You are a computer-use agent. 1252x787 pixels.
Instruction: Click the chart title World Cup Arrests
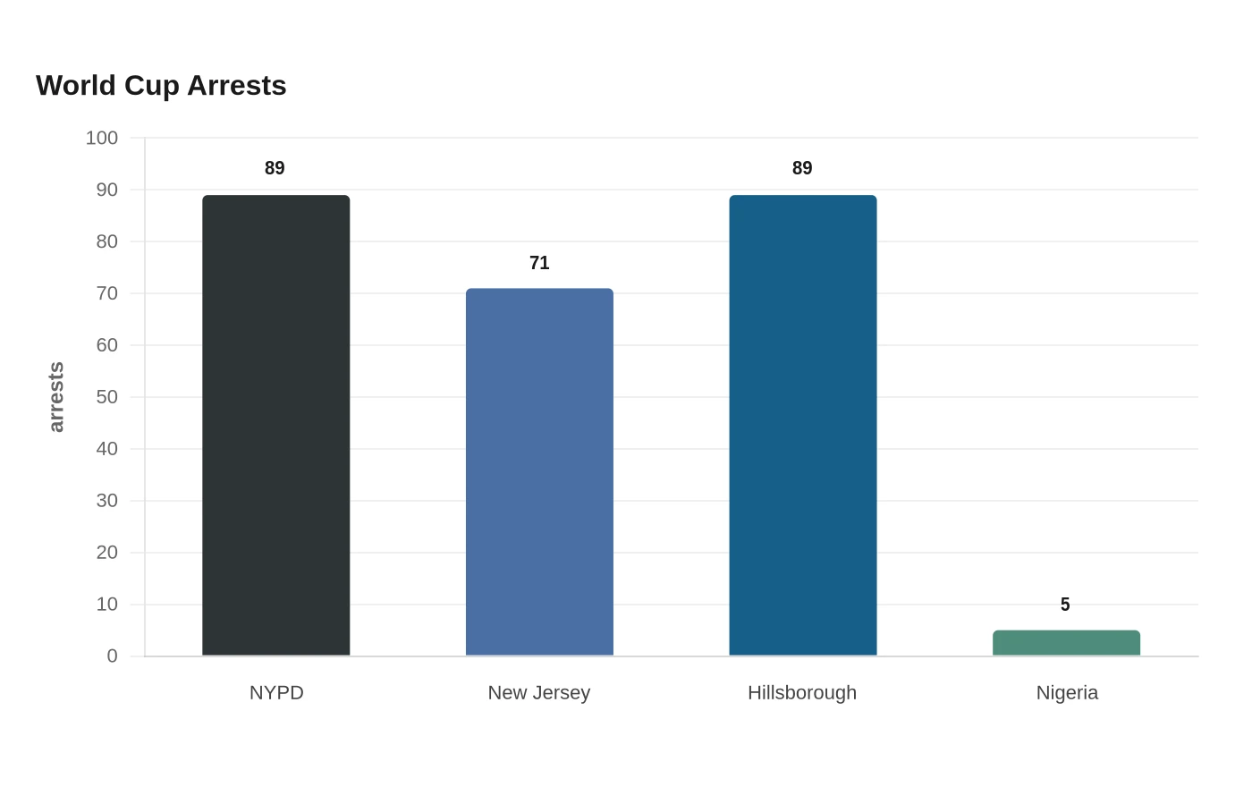[161, 86]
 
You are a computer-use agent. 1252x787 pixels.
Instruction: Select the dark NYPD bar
[276, 426]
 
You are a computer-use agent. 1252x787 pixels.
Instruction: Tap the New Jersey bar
[539, 472]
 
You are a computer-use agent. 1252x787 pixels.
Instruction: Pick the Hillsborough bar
[803, 426]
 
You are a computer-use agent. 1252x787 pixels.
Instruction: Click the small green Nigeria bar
[1066, 643]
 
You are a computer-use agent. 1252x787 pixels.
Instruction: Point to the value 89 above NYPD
[275, 168]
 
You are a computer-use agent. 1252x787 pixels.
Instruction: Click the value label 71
[539, 263]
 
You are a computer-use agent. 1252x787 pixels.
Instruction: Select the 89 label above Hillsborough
[802, 168]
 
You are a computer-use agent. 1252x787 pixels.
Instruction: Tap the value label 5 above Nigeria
[1065, 605]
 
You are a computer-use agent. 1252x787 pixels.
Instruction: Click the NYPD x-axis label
[276, 693]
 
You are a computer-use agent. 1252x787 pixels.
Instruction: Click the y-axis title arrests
[56, 397]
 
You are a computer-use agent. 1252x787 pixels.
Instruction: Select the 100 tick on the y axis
[101, 138]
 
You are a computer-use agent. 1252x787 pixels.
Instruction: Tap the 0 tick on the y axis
[113, 656]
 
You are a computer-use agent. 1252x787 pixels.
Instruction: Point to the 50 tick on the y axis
[106, 397]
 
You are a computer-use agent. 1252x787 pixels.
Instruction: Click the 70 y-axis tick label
[106, 293]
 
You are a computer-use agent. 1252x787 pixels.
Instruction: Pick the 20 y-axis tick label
[106, 553]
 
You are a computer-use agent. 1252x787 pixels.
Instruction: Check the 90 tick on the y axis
[106, 190]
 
